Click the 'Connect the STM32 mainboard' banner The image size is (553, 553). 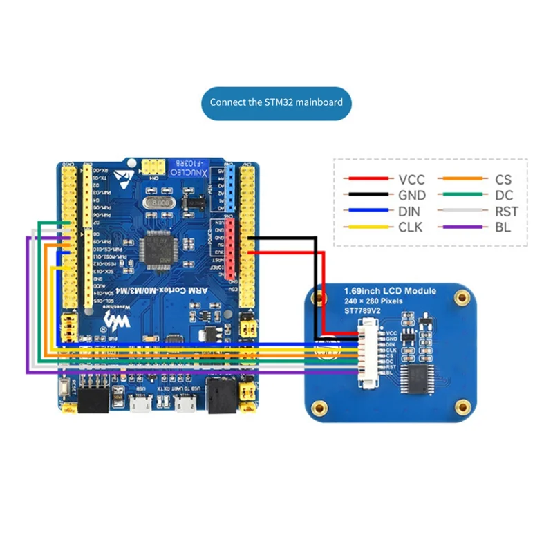coord(276,102)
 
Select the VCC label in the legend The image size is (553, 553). coord(411,179)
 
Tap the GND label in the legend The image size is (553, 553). coord(412,196)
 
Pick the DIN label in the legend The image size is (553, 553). coord(410,212)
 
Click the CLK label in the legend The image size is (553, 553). coord(410,227)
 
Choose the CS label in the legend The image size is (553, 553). coord(503,179)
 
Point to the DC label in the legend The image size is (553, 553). coord(503,196)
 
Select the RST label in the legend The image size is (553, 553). coord(506,212)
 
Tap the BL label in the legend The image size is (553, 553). coord(503,227)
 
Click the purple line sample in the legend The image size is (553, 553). coord(462,227)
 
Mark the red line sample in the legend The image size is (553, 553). coord(368,179)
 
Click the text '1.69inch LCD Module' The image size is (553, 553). coord(390,291)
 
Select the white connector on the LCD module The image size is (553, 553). coord(362,353)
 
